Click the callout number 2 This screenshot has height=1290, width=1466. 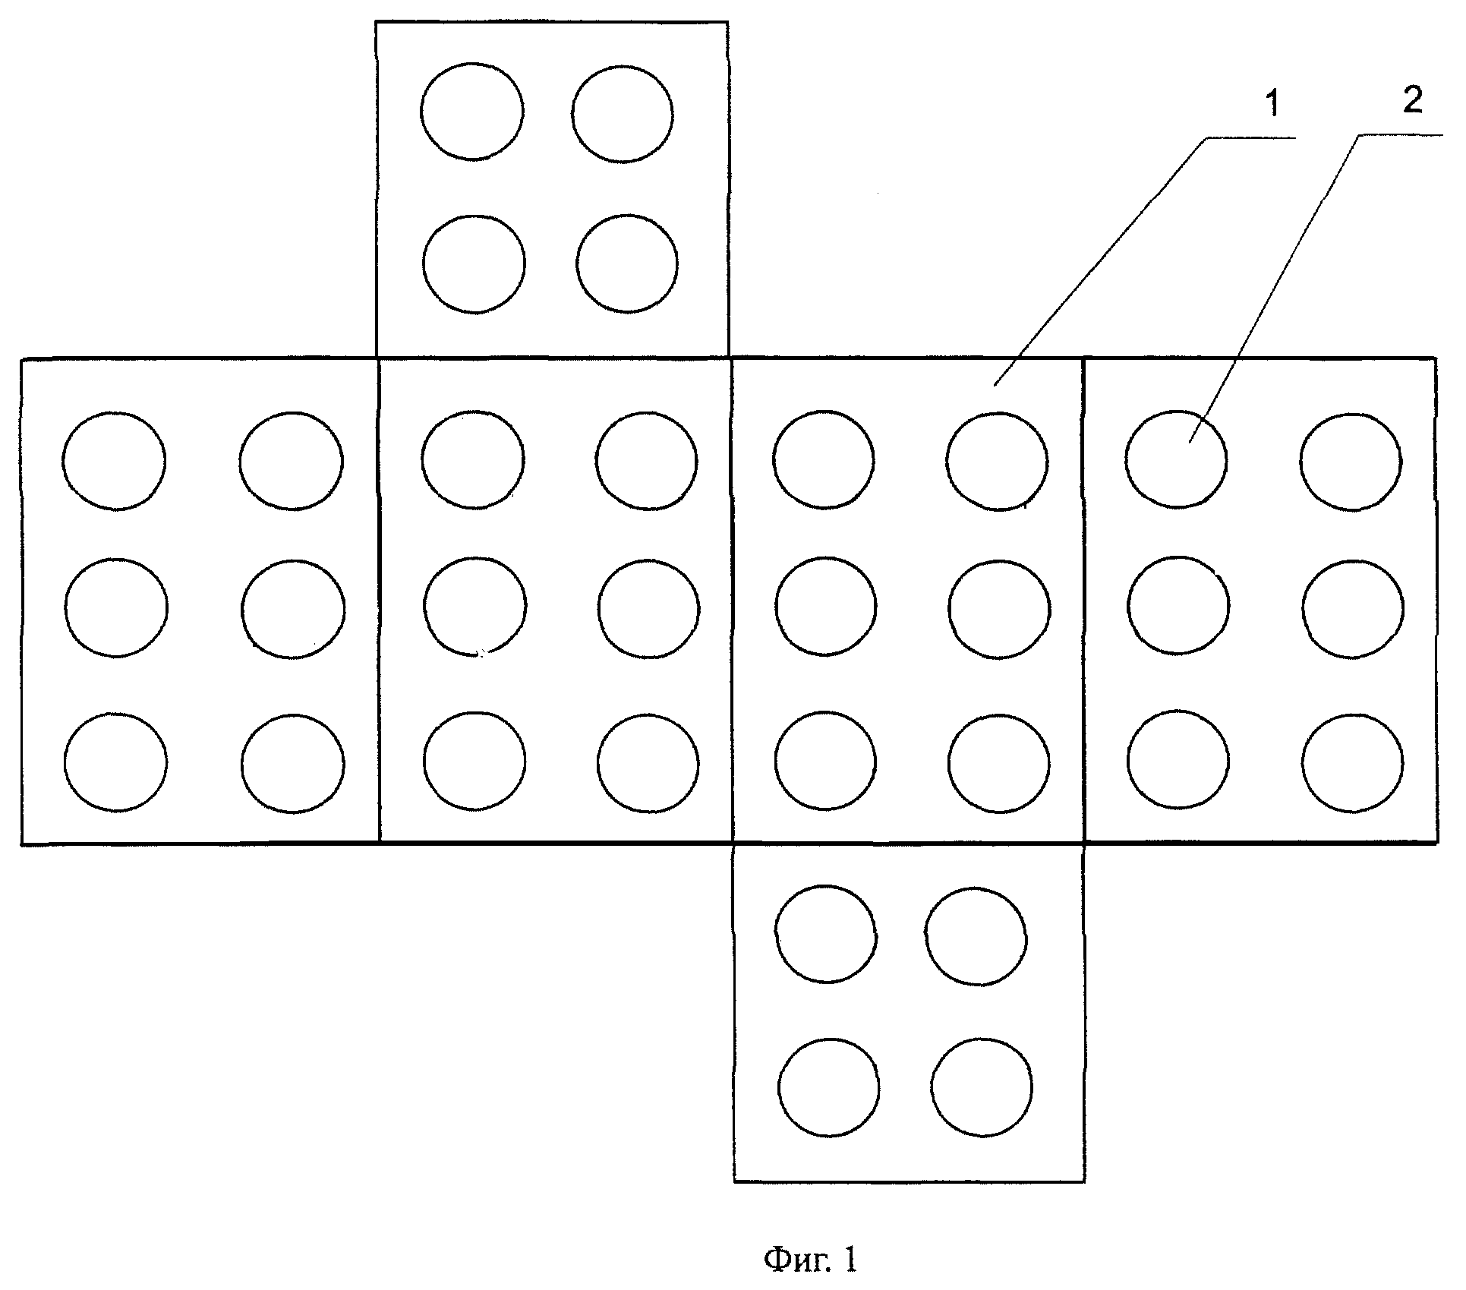coord(1413,101)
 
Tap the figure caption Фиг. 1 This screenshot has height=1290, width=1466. coord(810,1260)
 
